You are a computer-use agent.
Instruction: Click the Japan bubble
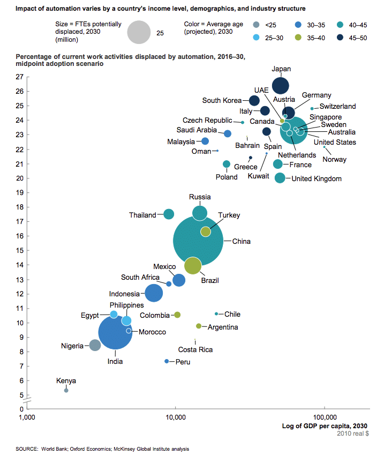(x=281, y=86)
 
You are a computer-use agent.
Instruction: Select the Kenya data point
(x=66, y=390)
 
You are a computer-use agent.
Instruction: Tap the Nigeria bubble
(x=95, y=345)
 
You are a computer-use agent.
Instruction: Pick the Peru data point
(x=167, y=361)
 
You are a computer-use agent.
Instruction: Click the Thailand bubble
(x=169, y=214)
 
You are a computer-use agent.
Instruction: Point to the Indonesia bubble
(x=154, y=293)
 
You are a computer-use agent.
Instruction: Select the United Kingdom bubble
(x=280, y=178)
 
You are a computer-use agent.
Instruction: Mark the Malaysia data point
(x=205, y=141)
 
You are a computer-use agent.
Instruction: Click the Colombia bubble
(x=177, y=315)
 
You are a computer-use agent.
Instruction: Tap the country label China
(x=242, y=241)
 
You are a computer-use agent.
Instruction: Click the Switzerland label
(x=337, y=106)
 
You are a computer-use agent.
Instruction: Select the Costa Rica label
(x=195, y=349)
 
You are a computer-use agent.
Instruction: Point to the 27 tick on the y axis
(x=19, y=77)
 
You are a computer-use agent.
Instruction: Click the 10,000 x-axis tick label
(x=176, y=417)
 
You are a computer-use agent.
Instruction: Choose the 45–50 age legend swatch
(x=340, y=38)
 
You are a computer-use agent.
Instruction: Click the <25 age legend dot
(x=256, y=25)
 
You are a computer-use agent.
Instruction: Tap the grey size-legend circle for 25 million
(x=139, y=32)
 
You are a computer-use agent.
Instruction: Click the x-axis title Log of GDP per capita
(x=325, y=426)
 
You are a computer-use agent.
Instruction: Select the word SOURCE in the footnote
(x=26, y=449)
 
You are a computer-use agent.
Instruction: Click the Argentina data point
(x=199, y=326)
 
